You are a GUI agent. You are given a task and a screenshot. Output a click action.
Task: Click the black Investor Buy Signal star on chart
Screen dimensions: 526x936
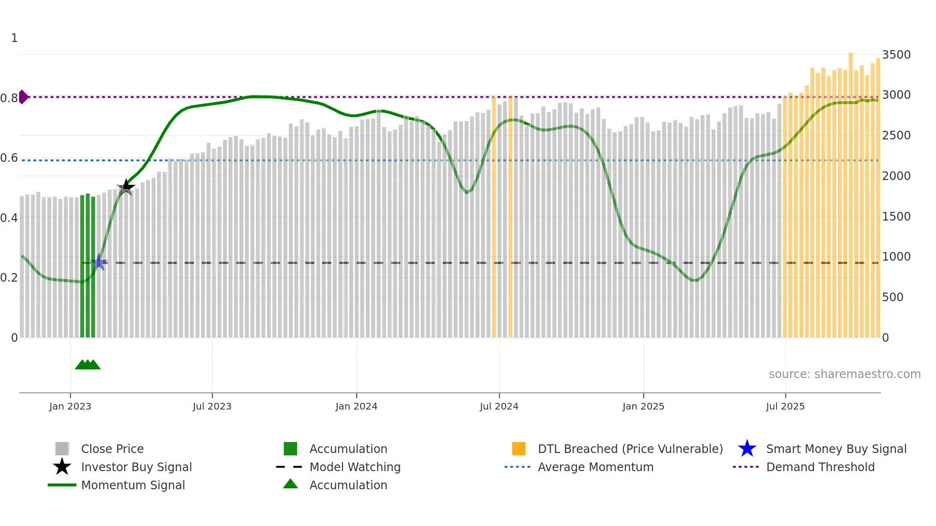click(x=126, y=187)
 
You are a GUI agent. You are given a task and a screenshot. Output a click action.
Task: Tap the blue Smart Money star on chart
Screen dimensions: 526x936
click(x=99, y=262)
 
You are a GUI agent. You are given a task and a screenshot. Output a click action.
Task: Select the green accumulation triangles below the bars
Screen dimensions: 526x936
click(x=88, y=365)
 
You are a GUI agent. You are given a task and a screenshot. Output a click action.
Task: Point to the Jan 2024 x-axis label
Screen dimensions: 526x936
click(x=356, y=406)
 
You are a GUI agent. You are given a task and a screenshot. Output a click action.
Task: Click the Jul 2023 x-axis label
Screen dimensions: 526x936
click(x=212, y=406)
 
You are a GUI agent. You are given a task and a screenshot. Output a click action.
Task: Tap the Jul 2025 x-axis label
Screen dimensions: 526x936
click(x=785, y=406)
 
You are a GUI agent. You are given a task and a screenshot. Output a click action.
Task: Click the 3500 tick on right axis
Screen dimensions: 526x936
click(x=896, y=55)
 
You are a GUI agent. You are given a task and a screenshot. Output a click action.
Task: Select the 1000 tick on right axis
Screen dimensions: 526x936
click(x=896, y=257)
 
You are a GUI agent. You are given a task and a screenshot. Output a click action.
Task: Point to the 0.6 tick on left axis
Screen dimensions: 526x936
click(x=9, y=158)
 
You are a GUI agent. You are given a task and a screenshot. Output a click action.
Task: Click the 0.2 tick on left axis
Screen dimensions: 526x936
click(x=9, y=278)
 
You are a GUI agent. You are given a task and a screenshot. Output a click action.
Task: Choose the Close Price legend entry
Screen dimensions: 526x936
click(x=112, y=449)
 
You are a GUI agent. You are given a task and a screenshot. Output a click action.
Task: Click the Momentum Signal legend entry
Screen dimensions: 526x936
click(x=133, y=485)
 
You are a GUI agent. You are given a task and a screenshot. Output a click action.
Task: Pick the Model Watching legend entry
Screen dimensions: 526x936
click(x=355, y=467)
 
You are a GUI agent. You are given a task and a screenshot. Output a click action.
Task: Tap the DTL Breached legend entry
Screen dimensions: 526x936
click(x=630, y=449)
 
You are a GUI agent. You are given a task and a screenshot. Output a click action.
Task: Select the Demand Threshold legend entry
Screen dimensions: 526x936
click(x=820, y=467)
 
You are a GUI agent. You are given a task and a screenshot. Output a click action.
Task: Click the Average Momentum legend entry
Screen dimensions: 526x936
click(x=596, y=467)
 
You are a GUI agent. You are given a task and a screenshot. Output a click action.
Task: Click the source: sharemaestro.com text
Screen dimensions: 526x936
click(x=844, y=374)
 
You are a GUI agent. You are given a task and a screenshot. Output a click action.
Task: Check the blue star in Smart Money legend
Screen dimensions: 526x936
click(x=747, y=449)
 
